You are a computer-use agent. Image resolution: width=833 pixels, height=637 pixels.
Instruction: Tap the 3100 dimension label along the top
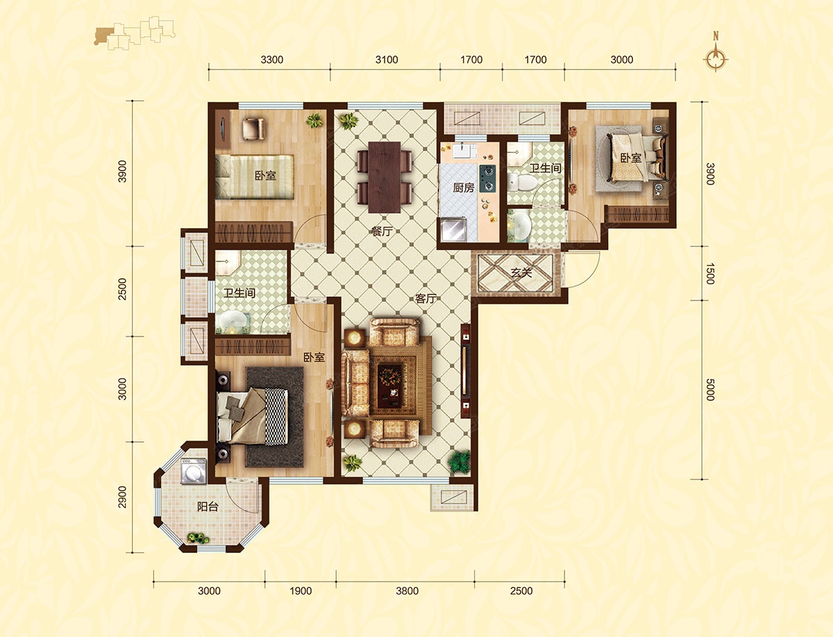(387, 60)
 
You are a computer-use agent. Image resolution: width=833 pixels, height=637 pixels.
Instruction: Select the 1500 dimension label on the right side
(710, 273)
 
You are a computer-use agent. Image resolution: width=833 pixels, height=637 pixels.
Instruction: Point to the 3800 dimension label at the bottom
(407, 591)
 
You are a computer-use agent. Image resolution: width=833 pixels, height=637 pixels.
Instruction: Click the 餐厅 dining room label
(381, 232)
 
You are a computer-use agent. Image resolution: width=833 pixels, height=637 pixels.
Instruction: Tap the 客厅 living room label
(426, 298)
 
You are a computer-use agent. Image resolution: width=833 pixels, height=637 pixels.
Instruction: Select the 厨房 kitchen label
(464, 187)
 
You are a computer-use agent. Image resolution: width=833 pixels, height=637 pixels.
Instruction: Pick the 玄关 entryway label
(521, 272)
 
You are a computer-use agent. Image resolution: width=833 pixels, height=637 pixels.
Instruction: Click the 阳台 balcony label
(208, 506)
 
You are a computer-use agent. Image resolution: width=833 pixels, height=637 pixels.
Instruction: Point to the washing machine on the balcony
(194, 470)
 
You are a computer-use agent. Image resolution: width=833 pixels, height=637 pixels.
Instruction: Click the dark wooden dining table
(385, 177)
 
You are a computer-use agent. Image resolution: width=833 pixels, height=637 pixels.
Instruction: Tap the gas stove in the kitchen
(487, 178)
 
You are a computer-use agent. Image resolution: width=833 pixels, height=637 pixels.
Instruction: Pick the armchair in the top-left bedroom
(253, 128)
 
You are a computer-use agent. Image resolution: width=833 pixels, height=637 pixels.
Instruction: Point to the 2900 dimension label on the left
(121, 497)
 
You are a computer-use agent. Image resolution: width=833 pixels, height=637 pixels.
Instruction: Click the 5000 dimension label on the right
(710, 389)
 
